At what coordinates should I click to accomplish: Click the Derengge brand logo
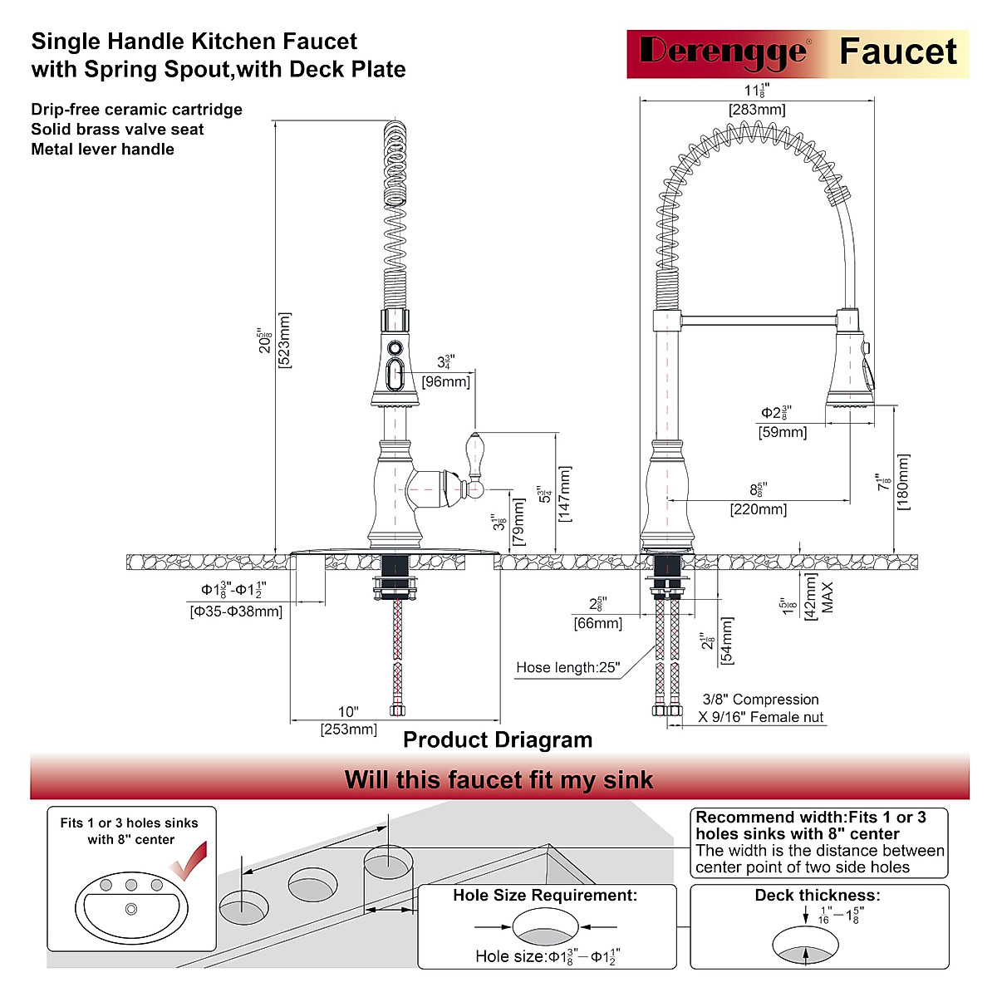[722, 52]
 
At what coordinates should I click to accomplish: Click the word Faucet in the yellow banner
[897, 52]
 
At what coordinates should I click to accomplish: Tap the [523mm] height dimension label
[285, 341]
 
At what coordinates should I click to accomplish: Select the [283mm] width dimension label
[756, 110]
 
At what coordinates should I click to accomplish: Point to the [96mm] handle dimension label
[445, 381]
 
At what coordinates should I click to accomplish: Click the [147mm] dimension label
[565, 494]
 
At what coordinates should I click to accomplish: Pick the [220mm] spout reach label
[758, 509]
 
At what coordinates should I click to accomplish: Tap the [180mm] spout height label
[904, 482]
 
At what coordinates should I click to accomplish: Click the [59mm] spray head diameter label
[782, 432]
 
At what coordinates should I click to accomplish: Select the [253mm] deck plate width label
[348, 729]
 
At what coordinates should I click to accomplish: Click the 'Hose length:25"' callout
[567, 668]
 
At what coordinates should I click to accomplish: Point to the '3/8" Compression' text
[760, 700]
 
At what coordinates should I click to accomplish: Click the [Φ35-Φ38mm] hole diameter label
[236, 611]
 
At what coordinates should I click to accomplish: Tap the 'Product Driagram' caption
[498, 740]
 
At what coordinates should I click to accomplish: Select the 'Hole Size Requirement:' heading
[545, 896]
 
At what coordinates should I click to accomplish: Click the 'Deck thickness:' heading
[817, 896]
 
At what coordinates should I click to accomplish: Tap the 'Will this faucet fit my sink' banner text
[498, 780]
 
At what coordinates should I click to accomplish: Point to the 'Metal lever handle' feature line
[102, 150]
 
